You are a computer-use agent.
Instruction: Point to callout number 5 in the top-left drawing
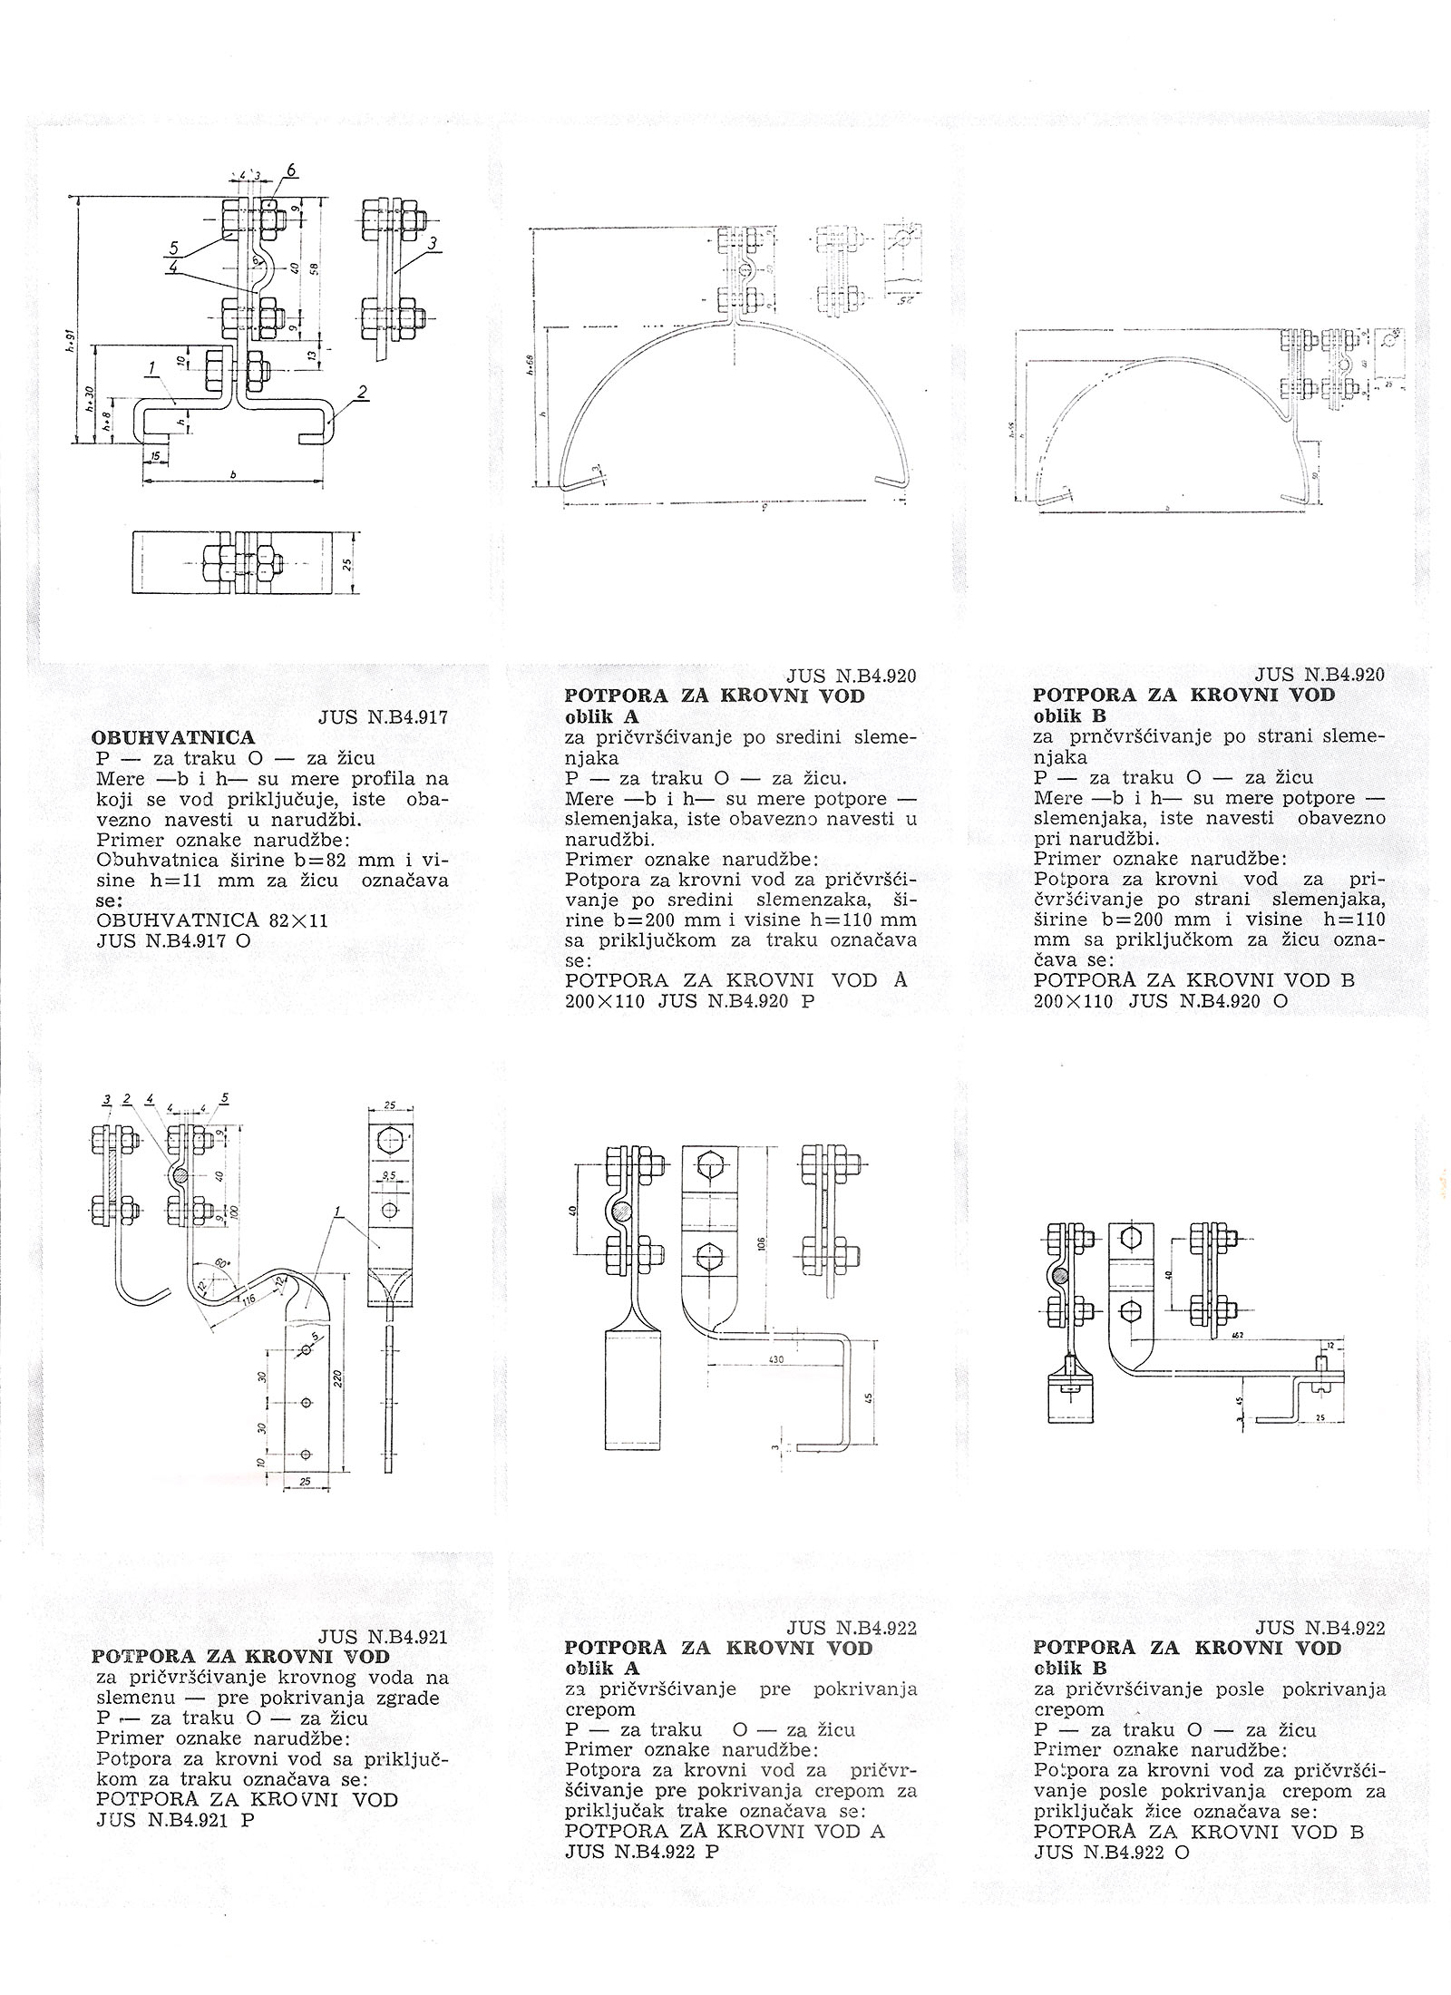[x=171, y=247]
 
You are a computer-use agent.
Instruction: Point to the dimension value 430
[x=774, y=1361]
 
